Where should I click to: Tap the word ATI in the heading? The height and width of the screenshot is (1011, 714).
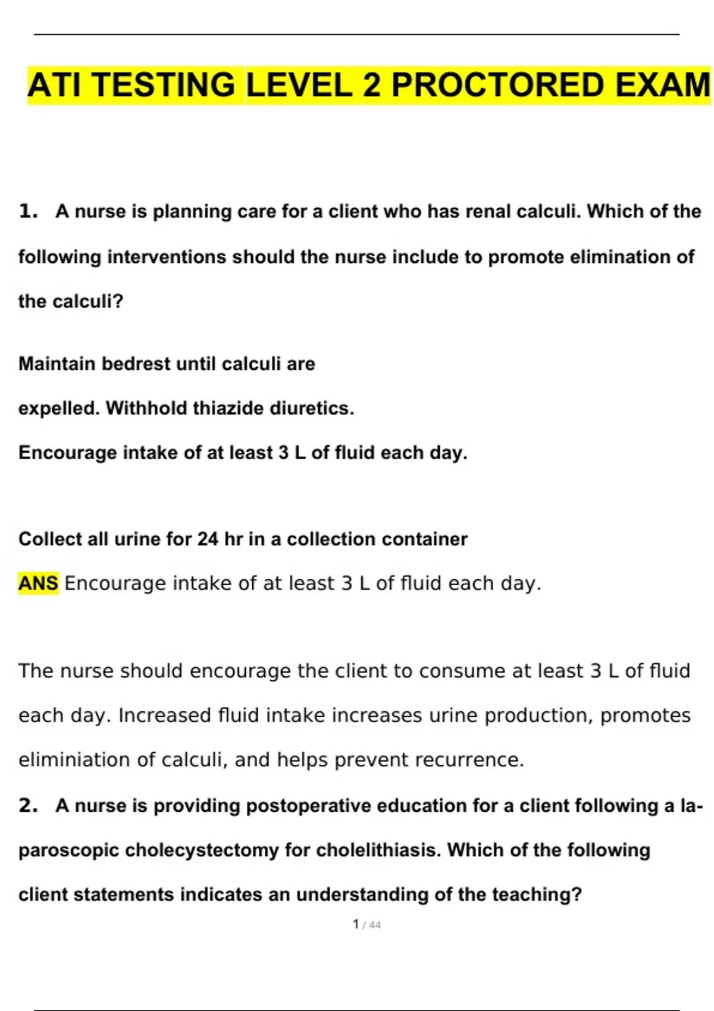pos(54,85)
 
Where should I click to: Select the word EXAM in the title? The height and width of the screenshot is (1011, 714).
pos(662,85)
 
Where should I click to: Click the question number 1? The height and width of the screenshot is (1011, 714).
pos(27,211)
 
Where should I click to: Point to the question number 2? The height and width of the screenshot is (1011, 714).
pos(27,805)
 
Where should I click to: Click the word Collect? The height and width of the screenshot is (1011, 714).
pos(50,539)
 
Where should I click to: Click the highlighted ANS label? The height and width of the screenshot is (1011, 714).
pos(38,583)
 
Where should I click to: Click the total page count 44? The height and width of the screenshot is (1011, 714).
pos(375,925)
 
